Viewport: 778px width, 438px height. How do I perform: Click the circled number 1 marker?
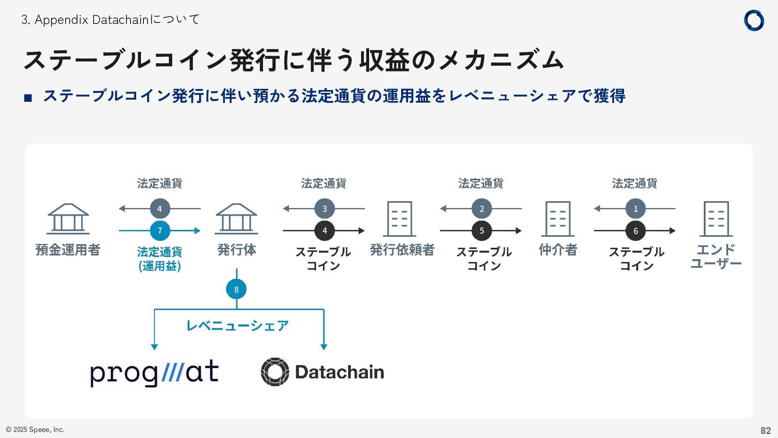[x=635, y=208]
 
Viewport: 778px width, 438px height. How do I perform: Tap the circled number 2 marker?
[x=481, y=208]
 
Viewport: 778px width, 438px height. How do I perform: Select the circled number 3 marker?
[x=324, y=208]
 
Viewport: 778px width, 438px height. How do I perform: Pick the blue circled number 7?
[x=160, y=231]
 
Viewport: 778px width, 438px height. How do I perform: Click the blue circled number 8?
[x=236, y=289]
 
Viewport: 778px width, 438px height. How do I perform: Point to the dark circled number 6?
[x=635, y=231]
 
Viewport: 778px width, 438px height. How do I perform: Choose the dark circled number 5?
[x=481, y=231]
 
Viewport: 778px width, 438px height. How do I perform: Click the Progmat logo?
[x=154, y=372]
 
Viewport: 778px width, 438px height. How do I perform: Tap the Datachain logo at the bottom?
[x=323, y=372]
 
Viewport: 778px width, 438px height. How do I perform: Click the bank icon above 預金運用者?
[x=68, y=219]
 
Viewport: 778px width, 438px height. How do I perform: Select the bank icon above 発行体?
[x=236, y=219]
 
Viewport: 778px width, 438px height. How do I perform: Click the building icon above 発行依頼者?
[x=400, y=219]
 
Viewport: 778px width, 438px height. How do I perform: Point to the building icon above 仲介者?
[x=558, y=219]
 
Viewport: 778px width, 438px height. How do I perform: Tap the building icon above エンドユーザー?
[x=716, y=219]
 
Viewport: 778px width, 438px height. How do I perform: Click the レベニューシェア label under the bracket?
[x=237, y=326]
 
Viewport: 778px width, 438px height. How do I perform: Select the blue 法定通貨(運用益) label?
[x=160, y=259]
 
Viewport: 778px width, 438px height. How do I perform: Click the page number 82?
[x=765, y=430]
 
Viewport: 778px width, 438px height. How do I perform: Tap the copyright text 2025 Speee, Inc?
[x=35, y=429]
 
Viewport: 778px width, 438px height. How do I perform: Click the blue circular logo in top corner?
[x=754, y=20]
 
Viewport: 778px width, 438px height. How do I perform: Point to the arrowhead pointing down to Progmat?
[x=154, y=347]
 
